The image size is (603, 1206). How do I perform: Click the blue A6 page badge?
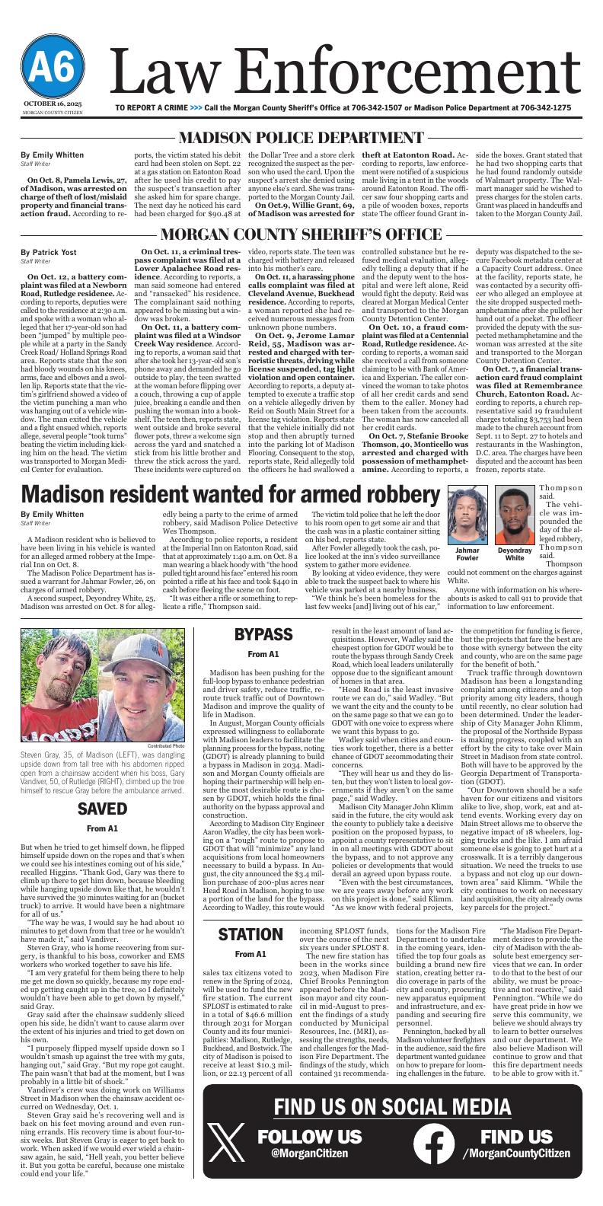coord(52,69)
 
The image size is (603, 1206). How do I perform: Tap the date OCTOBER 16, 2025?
coord(52,103)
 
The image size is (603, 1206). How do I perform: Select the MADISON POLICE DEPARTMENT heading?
coord(301,138)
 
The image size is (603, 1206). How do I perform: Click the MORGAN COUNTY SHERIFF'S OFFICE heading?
coord(301,234)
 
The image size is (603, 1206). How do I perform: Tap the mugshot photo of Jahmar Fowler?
coord(468,515)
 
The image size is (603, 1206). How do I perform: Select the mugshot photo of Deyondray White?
coord(515,515)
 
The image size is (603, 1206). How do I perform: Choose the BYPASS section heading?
coord(263,634)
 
